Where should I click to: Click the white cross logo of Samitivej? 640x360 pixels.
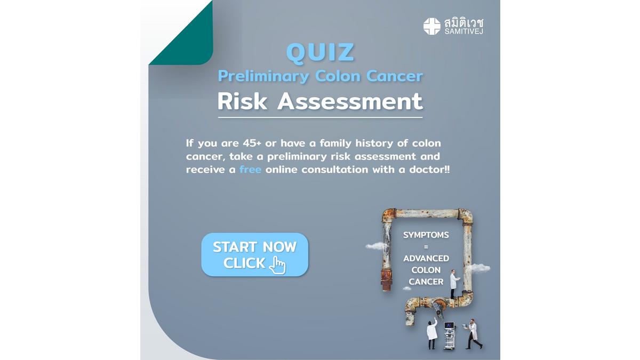431,26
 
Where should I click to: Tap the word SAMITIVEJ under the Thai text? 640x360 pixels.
463,31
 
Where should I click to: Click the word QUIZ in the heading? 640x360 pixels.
320,52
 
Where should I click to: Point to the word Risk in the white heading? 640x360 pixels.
242,101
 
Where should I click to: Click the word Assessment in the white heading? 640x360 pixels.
350,101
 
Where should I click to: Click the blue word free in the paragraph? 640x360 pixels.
250,170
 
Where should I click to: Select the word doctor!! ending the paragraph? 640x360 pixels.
429,170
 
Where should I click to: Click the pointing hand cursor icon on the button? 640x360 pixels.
277,266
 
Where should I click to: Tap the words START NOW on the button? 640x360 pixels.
254,247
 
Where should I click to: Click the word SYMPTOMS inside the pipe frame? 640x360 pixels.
426,235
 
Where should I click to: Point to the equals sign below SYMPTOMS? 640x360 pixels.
426,247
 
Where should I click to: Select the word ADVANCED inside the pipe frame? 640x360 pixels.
426,258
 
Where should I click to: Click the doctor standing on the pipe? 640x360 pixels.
454,283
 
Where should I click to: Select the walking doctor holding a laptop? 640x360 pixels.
473,334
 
